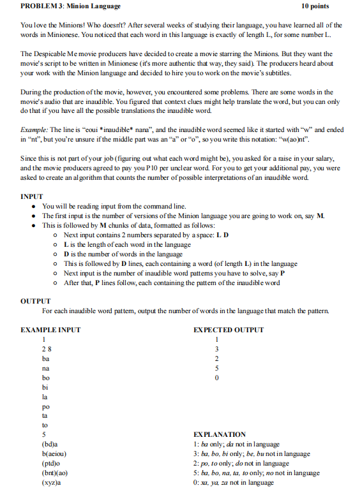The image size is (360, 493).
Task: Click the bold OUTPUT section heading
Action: click(x=36, y=301)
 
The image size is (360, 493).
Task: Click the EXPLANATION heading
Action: click(x=220, y=434)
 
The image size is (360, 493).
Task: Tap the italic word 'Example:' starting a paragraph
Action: click(x=34, y=128)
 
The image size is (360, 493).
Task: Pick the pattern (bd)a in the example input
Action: click(x=50, y=443)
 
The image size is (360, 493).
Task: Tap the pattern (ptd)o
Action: click(x=52, y=463)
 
